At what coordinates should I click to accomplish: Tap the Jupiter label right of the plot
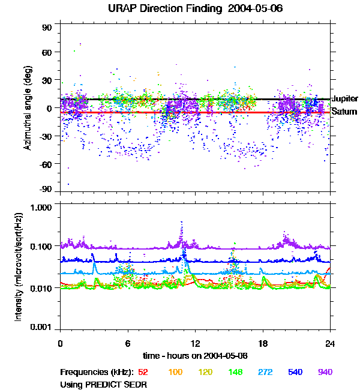pyautogui.click(x=345, y=98)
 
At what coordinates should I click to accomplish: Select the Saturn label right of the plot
pyautogui.click(x=344, y=112)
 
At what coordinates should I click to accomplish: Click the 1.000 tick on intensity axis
pyautogui.click(x=43, y=208)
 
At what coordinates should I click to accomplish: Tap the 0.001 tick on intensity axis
pyautogui.click(x=43, y=327)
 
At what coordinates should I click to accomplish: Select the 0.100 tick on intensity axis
pyautogui.click(x=43, y=247)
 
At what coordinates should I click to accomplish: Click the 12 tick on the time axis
pyautogui.click(x=195, y=343)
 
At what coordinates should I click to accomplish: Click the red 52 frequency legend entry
pyautogui.click(x=143, y=372)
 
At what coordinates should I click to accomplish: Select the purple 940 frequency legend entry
pyautogui.click(x=325, y=372)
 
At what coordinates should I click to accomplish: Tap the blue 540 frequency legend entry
pyautogui.click(x=295, y=372)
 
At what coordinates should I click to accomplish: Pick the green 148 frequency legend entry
pyautogui.click(x=235, y=372)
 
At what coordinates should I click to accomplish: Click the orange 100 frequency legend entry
pyautogui.click(x=175, y=372)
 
